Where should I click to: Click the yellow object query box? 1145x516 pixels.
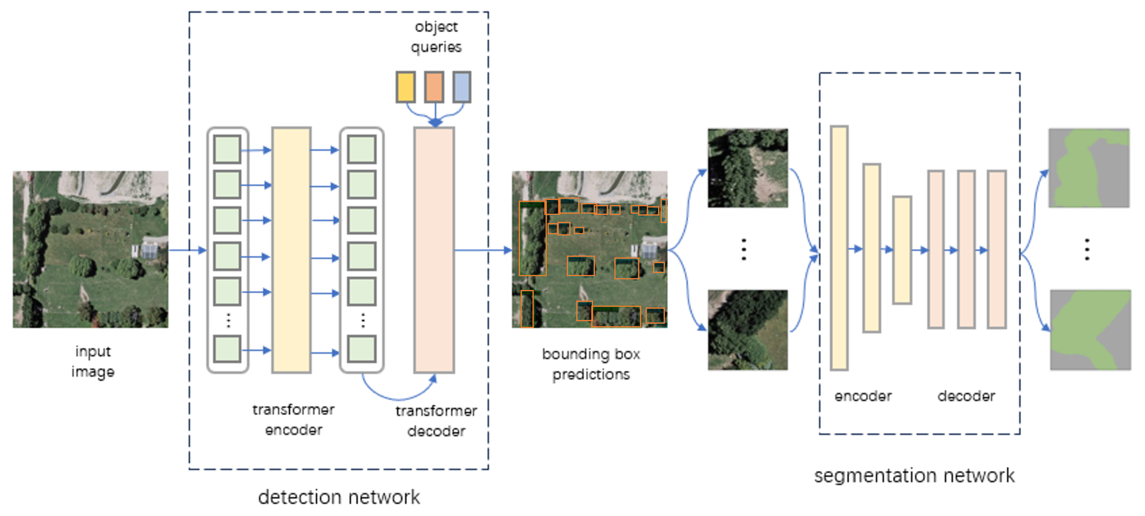click(x=405, y=87)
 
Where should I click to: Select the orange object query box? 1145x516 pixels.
click(x=434, y=87)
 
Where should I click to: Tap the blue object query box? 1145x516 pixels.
click(x=462, y=87)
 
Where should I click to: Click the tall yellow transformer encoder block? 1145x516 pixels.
click(x=291, y=250)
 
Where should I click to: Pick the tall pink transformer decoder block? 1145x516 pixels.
click(x=434, y=250)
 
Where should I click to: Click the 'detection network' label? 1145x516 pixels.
click(x=339, y=497)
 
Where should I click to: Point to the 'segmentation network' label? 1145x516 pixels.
click(x=914, y=476)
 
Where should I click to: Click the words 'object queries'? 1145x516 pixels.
click(x=436, y=37)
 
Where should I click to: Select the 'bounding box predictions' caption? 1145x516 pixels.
click(x=591, y=364)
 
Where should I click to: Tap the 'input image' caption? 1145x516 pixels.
click(x=93, y=361)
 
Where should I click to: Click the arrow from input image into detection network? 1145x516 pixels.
click(x=187, y=250)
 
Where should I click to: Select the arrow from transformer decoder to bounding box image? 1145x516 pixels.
click(x=482, y=250)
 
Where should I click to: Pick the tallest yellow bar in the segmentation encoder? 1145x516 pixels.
click(x=839, y=248)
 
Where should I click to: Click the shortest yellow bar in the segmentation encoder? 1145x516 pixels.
click(x=902, y=250)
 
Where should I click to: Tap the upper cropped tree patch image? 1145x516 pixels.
click(x=747, y=168)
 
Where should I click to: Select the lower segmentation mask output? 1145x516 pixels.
click(x=1090, y=330)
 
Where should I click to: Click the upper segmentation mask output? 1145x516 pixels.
click(x=1089, y=168)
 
